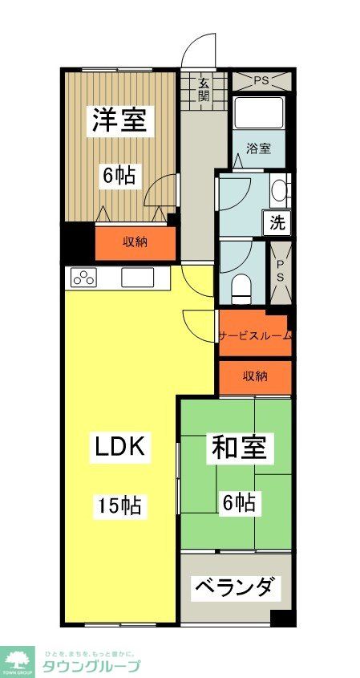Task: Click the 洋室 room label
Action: click(119, 120)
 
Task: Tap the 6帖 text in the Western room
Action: click(119, 175)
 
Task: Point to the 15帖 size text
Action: click(119, 505)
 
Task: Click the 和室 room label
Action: click(238, 447)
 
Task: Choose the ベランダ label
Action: click(236, 588)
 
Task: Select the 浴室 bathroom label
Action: click(257, 148)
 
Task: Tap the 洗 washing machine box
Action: click(277, 224)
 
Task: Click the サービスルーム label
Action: click(255, 336)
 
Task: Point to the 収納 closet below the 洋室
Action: click(135, 242)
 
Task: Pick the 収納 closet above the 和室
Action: click(255, 376)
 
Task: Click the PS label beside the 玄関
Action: click(261, 80)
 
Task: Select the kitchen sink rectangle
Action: click(137, 278)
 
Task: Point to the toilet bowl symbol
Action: click(241, 286)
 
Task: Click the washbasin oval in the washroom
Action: click(277, 191)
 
